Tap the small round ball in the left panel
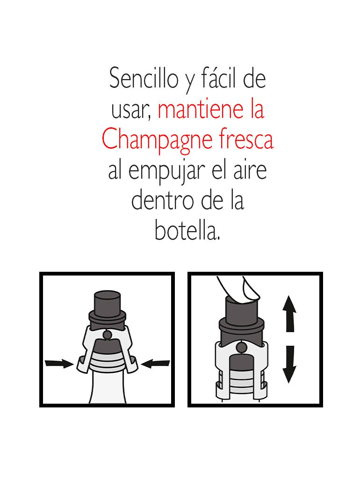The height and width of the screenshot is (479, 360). [107, 335]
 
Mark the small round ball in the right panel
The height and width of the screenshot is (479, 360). [241, 347]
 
